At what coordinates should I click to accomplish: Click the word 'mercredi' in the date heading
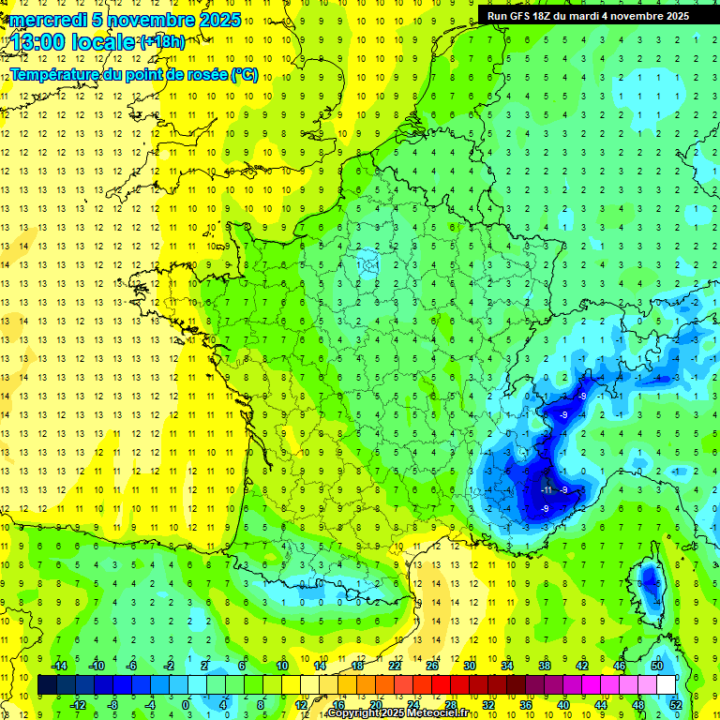(x=49, y=20)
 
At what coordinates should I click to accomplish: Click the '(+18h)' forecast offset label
(x=162, y=41)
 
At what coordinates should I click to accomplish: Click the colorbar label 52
(x=675, y=704)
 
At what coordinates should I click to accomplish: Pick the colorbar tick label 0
(x=185, y=704)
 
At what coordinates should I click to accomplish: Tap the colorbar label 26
(x=432, y=665)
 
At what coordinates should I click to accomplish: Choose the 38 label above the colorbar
(x=544, y=665)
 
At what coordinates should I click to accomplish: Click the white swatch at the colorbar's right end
(x=666, y=684)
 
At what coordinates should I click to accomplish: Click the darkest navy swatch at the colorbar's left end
(x=48, y=684)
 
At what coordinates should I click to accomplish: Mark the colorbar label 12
(x=301, y=704)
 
